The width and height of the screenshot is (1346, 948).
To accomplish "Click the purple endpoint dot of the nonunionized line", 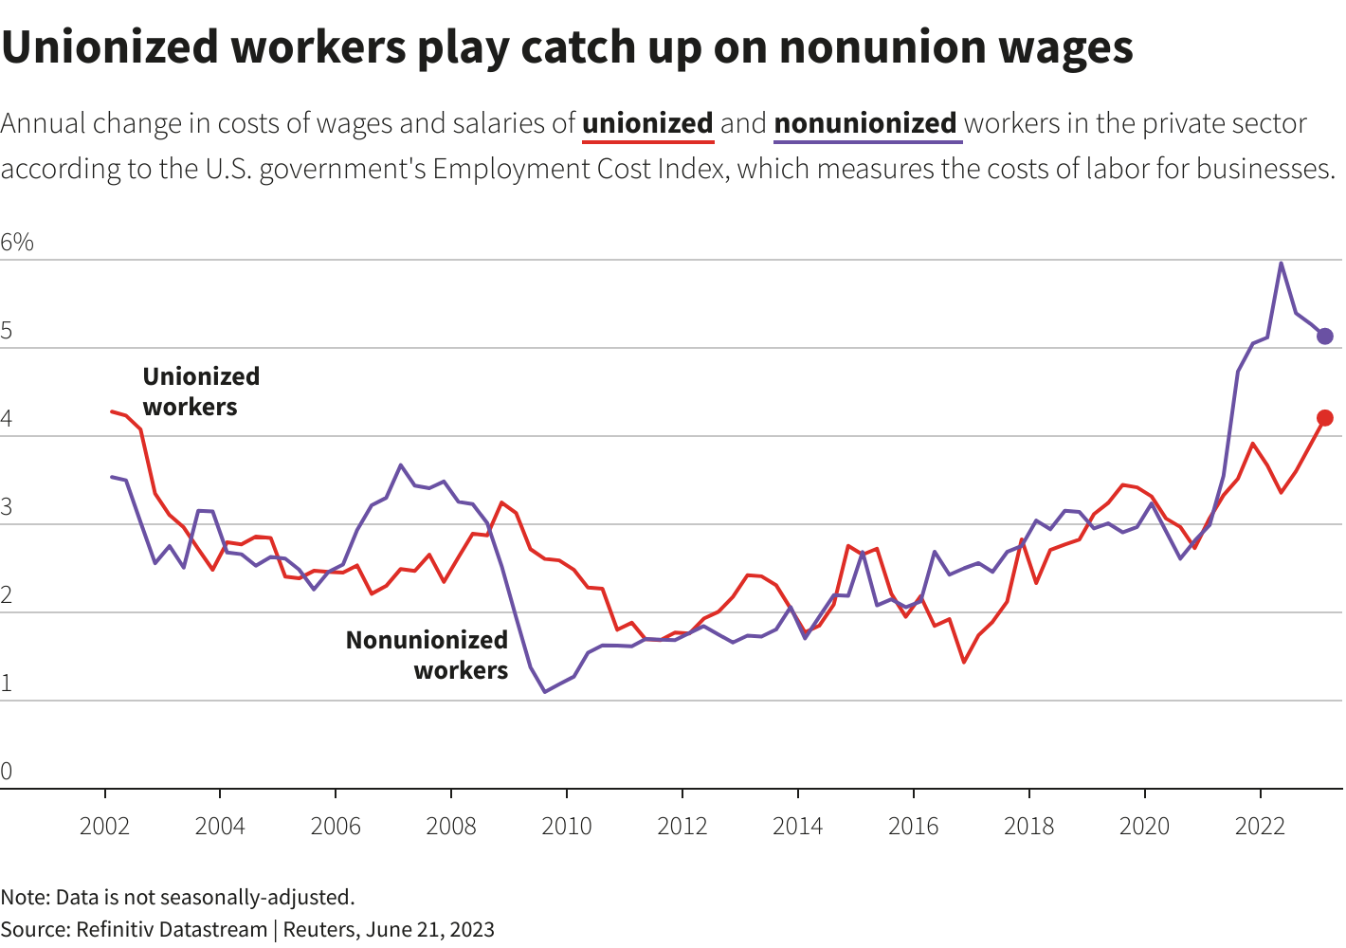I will pos(1325,337).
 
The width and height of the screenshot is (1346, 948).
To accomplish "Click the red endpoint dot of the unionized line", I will pos(1325,418).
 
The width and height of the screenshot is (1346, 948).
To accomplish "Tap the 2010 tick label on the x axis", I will pos(567,827).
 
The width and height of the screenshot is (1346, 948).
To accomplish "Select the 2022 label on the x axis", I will pos(1260,827).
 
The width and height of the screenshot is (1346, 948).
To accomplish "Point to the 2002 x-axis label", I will pos(104,827).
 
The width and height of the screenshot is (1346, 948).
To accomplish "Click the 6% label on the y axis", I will pos(17,243).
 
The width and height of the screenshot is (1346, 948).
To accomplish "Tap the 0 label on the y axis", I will pos(7,771).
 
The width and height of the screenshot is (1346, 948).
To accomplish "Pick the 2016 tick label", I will pos(913,827).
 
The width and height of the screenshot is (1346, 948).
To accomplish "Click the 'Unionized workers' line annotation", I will pos(201,392).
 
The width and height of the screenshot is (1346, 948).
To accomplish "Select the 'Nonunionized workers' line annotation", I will pos(427,655).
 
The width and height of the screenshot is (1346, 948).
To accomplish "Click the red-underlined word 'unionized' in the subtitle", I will pos(647,123).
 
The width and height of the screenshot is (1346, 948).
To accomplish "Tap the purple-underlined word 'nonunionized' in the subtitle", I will pos(865,123).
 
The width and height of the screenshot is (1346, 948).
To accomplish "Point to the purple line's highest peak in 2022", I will pos(1282,264).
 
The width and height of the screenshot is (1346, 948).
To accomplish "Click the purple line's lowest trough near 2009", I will pos(545,691).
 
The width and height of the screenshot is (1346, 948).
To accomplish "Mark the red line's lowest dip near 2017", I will pos(964,662).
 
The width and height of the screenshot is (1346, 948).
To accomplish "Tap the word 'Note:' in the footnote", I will pos(25,897).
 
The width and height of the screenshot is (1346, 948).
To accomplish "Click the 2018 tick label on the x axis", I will pos(1028,827).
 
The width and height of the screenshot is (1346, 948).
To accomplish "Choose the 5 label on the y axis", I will pos(7,331).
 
